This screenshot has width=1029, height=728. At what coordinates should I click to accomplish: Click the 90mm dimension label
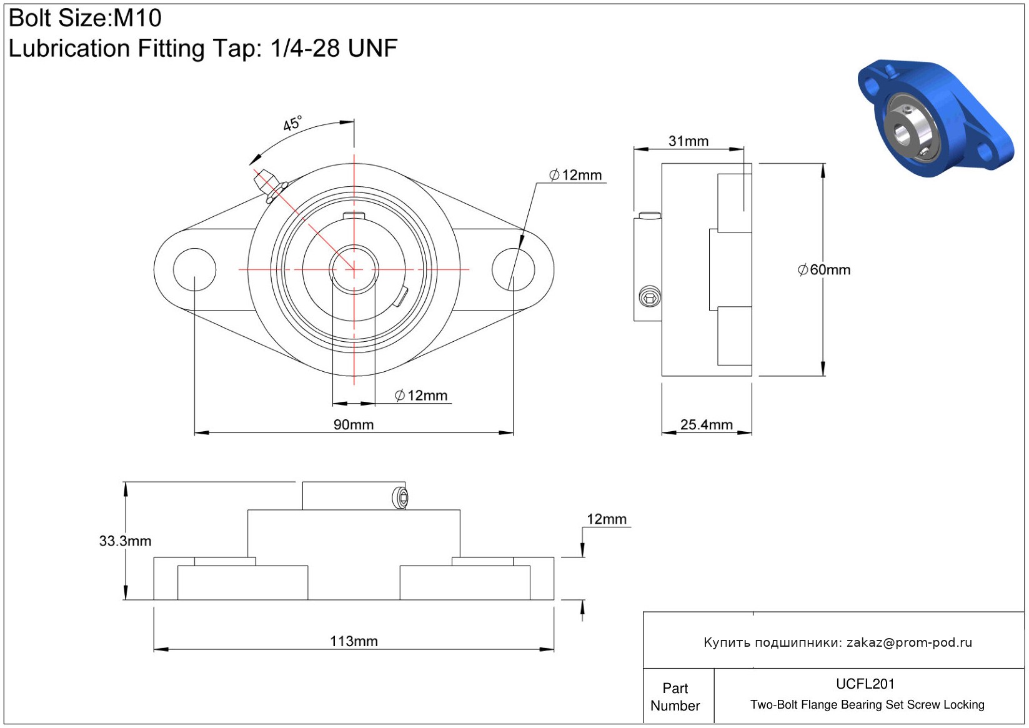[353, 425]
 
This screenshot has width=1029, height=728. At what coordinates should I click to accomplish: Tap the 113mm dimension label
[354, 641]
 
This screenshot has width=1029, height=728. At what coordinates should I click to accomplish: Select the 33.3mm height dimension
[125, 541]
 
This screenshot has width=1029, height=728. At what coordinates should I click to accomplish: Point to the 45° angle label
[292, 123]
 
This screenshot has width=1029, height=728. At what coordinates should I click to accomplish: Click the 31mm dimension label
[688, 141]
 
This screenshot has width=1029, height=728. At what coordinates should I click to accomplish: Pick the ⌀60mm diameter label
[823, 270]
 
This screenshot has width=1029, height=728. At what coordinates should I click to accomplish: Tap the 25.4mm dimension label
[706, 425]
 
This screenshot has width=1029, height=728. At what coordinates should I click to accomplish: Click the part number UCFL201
[865, 684]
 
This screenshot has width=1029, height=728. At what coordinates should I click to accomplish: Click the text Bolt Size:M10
[85, 18]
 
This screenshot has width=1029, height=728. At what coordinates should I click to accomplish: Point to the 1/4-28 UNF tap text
[334, 47]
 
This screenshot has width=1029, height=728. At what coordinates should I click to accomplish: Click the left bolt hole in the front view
[195, 270]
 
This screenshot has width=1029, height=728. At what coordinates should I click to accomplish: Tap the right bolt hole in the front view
[513, 270]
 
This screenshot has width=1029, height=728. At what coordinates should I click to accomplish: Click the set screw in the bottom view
[400, 498]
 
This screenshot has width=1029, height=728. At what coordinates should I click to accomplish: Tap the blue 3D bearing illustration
[935, 118]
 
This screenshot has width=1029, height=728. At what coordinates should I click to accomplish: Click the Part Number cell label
[675, 697]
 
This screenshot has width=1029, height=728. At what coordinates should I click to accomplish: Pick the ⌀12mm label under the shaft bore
[421, 396]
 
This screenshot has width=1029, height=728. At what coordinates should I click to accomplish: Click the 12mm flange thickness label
[607, 519]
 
